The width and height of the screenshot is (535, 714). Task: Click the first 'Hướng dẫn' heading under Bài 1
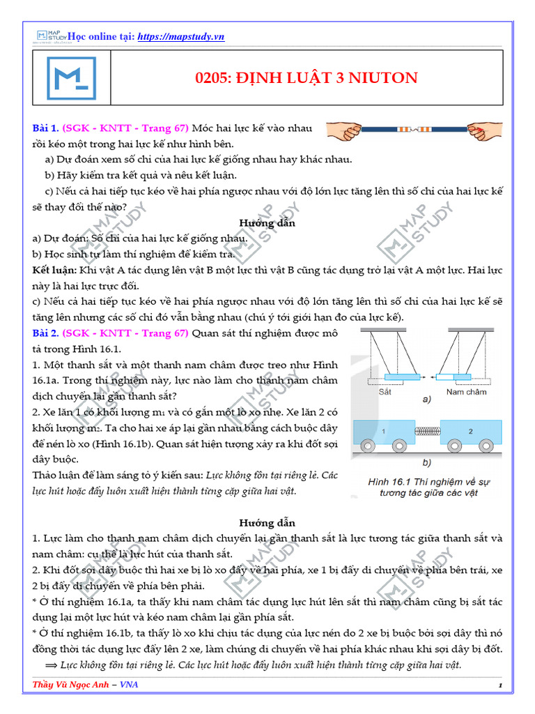[267, 223]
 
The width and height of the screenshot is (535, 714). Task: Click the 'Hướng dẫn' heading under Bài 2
[267, 522]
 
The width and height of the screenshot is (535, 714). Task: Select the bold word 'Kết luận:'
[55, 269]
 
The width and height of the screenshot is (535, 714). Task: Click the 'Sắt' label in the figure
[386, 392]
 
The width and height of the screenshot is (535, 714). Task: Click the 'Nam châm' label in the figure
[465, 392]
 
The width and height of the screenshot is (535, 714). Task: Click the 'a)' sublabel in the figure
[426, 399]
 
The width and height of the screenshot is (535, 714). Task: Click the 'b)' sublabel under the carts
[425, 462]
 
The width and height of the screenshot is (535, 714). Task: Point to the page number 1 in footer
[500, 686]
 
